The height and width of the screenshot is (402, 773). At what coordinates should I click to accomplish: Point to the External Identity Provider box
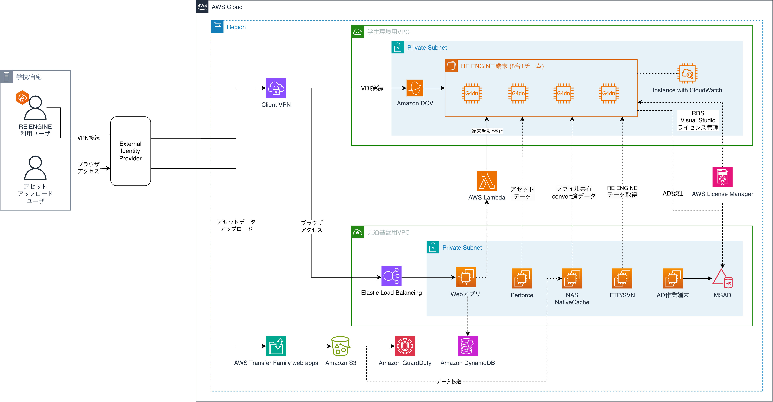[x=131, y=151]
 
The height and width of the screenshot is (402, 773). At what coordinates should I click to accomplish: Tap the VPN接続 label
[x=88, y=138]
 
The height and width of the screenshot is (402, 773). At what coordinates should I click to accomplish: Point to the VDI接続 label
[x=372, y=88]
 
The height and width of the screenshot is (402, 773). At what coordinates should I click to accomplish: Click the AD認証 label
[x=673, y=194]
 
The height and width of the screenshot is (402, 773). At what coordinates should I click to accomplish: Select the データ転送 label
[x=449, y=381]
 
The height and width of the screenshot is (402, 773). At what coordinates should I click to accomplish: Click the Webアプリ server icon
[x=465, y=277]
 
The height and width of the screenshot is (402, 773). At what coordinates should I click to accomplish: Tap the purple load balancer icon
[x=391, y=276]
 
